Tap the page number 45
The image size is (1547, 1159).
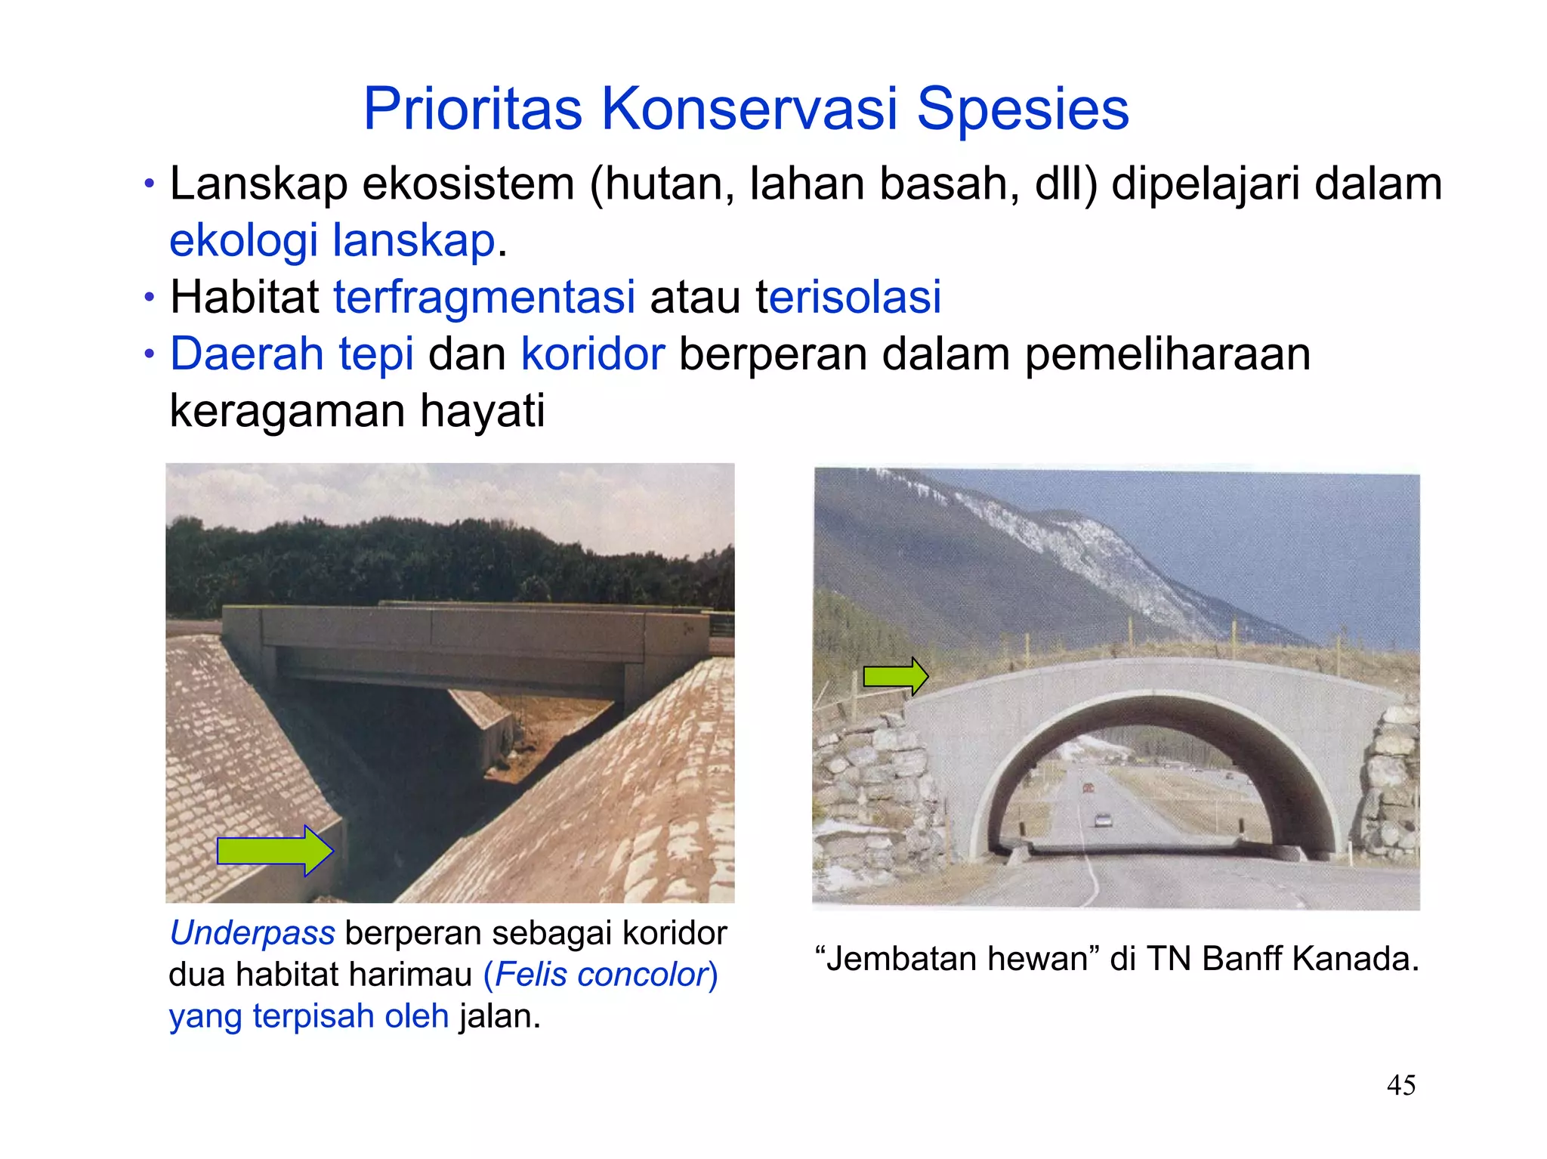click(1401, 1085)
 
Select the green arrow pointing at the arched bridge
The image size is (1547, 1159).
click(895, 675)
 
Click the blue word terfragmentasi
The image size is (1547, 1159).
click(484, 297)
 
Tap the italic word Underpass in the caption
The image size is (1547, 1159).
click(252, 933)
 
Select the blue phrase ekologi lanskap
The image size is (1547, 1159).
click(332, 240)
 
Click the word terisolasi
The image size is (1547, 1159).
click(848, 297)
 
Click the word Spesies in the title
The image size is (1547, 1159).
click(1022, 110)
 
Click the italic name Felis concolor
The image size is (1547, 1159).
click(600, 975)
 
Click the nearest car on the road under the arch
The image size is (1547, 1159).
click(1104, 820)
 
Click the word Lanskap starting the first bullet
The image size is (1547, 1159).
click(258, 184)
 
